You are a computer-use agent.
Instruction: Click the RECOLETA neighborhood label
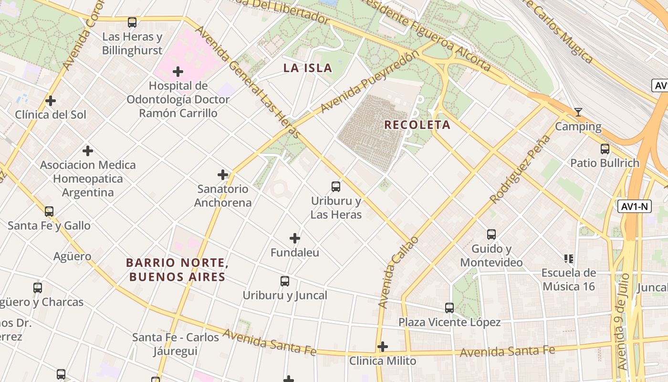[x=417, y=125]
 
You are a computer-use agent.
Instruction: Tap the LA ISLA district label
[x=308, y=68]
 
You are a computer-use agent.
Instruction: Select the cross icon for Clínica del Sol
[x=51, y=101]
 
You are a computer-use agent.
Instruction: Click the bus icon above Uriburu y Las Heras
[x=336, y=186]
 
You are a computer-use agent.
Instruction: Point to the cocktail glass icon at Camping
[x=578, y=112]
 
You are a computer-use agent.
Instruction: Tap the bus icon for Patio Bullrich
[x=605, y=149]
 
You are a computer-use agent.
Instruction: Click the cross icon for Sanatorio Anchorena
[x=223, y=175]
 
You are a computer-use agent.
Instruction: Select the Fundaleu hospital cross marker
[x=295, y=238]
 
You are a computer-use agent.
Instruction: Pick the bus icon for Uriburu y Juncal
[x=285, y=281]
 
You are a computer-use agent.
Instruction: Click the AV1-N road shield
[x=635, y=207]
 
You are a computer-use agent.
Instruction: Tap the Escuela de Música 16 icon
[x=568, y=259]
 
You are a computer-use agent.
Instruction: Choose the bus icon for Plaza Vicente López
[x=449, y=308]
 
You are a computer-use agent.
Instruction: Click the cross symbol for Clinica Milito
[x=383, y=347]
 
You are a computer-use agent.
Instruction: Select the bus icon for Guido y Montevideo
[x=491, y=234]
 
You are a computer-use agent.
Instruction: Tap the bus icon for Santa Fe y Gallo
[x=49, y=211]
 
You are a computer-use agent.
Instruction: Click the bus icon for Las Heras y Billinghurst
[x=132, y=22]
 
